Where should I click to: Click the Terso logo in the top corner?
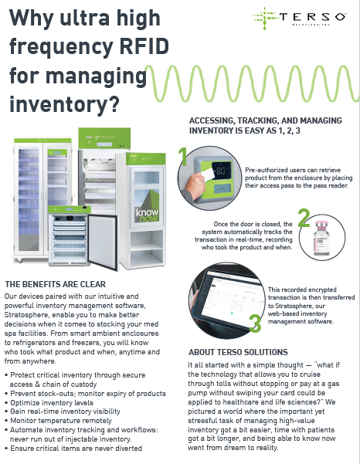pyautogui.click(x=299, y=18)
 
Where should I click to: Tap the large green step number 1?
pyautogui.click(x=183, y=157)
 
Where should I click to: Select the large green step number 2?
pyautogui.click(x=304, y=218)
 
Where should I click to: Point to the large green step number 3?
pyautogui.click(x=255, y=323)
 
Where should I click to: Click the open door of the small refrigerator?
pyautogui.click(x=103, y=242)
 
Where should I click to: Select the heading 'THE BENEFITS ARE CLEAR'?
pyautogui.click(x=56, y=284)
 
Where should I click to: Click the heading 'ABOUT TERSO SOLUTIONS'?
pyautogui.click(x=238, y=352)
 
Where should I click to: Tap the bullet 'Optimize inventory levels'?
pyautogui.click(x=52, y=403)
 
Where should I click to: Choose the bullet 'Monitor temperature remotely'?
pyautogui.click(x=61, y=421)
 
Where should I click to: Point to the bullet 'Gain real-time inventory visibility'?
pyautogui.click(x=65, y=412)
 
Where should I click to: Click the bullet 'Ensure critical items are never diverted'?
pyautogui.click(x=76, y=448)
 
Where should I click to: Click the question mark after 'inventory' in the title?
pyautogui.click(x=114, y=103)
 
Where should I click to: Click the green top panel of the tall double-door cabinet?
pyautogui.click(x=43, y=141)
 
